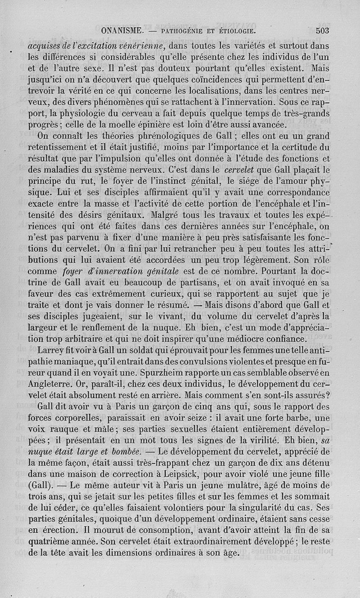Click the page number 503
tap(323, 31)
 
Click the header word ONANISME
tap(123, 32)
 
